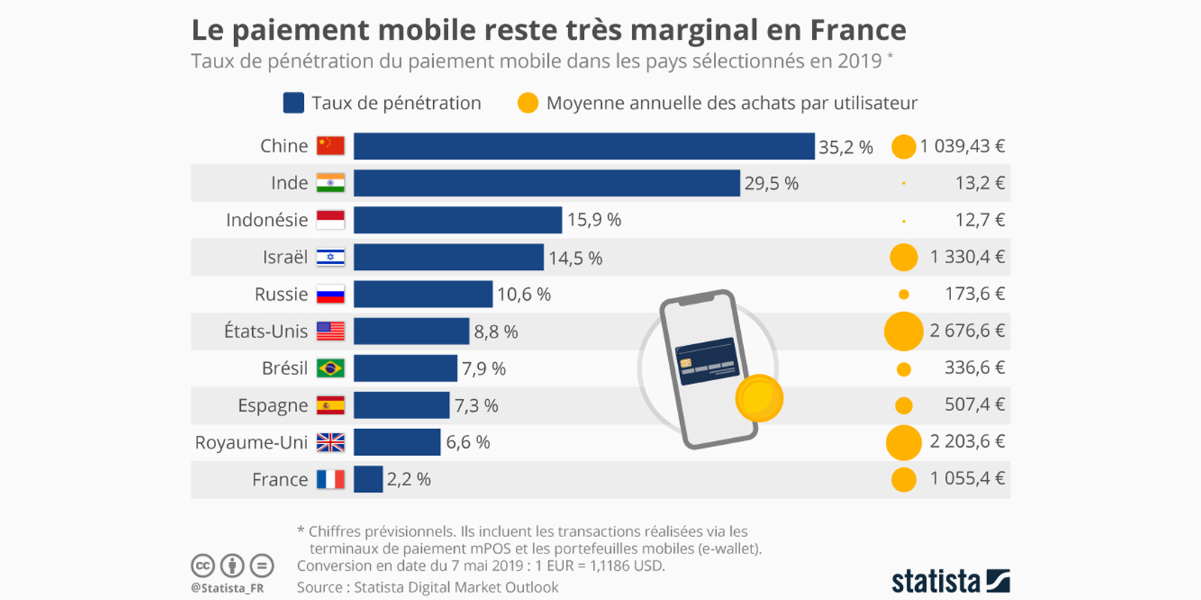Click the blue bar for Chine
pos(584,146)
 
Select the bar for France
pos(368,479)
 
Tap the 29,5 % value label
pos(771,183)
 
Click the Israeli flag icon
pos(330,257)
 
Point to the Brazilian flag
pos(330,368)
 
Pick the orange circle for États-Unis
pos(904,331)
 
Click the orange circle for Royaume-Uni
pos(904,442)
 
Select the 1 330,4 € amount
pos(967,257)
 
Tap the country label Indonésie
pos(267,220)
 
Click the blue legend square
pos(293,103)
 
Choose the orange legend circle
pos(528,103)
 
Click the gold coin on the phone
pos(759,398)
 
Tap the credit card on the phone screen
pos(707,361)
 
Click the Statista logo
pos(950,581)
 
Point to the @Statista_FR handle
pos(227,588)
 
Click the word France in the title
pos(858,30)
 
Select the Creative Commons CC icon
pos(203,565)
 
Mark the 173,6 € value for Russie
pos(974,294)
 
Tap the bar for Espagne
pos(402,406)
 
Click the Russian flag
pos(330,294)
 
